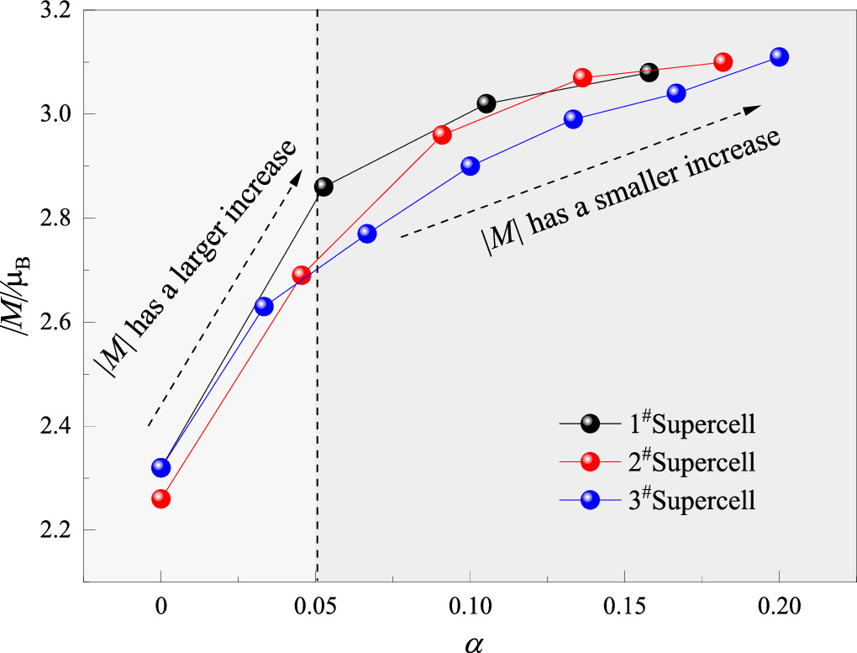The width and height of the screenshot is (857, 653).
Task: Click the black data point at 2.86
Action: pos(323,187)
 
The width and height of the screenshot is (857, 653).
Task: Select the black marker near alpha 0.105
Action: pos(486,103)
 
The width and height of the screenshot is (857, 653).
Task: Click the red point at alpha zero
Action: pos(160,498)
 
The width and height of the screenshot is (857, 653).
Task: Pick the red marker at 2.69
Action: pos(301,275)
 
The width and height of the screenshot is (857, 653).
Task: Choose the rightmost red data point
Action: pos(723,62)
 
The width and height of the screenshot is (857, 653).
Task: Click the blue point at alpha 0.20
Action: pos(779,56)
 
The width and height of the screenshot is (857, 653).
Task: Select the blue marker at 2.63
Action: pos(264,307)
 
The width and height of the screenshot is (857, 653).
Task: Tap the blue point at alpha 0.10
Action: pos(471,166)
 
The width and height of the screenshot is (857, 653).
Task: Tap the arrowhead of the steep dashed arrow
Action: pos(297,175)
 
